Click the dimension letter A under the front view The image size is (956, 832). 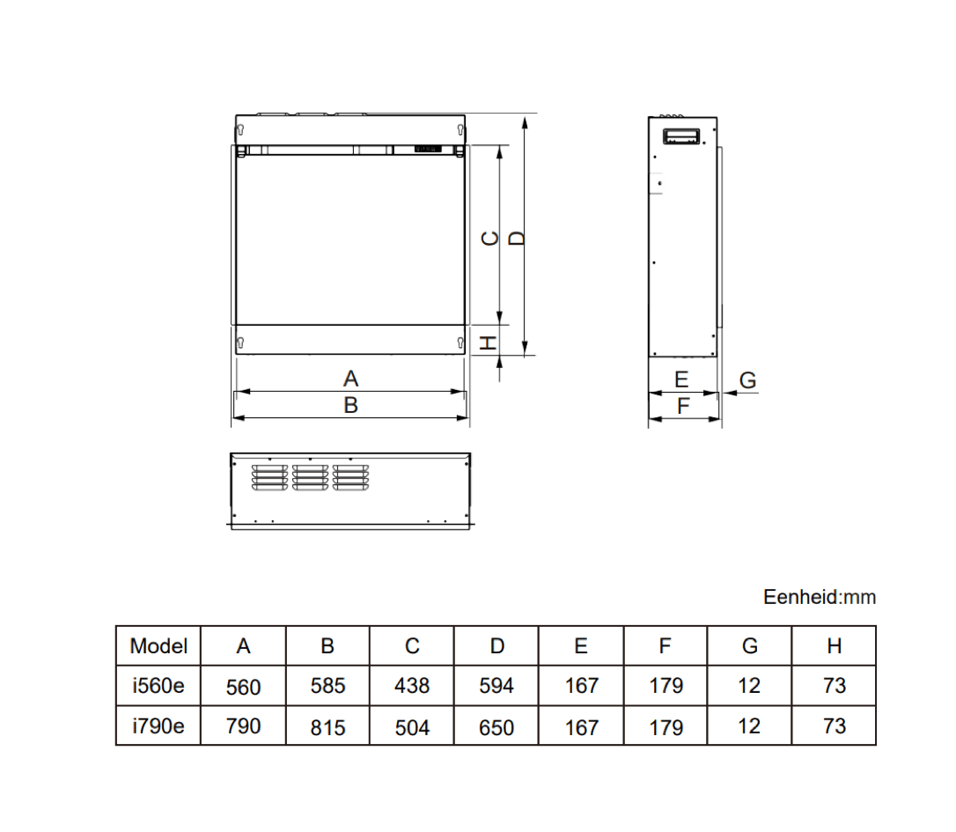click(351, 379)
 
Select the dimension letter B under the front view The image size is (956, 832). click(351, 406)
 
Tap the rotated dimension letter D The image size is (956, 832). click(518, 238)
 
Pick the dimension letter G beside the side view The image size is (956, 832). click(747, 380)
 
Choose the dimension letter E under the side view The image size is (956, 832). click(681, 379)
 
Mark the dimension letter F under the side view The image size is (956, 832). click(683, 406)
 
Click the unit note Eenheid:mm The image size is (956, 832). click(820, 597)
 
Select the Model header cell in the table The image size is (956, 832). click(158, 646)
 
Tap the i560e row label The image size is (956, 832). click(158, 685)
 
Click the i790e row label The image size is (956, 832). click(158, 726)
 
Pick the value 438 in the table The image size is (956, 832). click(412, 686)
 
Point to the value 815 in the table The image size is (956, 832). click(328, 727)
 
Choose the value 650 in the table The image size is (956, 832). click(496, 727)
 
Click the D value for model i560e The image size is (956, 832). click(496, 686)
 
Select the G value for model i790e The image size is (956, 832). click(749, 726)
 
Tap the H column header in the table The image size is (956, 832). click(834, 646)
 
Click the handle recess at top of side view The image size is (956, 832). click(681, 136)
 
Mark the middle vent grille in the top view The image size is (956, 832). click(310, 476)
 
